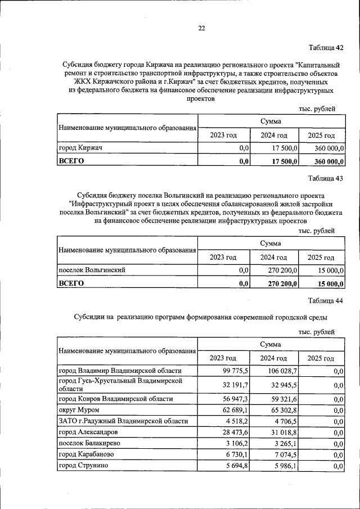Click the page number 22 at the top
(x=201, y=29)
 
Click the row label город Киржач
(x=84, y=148)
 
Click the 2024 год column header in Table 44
(x=273, y=358)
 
